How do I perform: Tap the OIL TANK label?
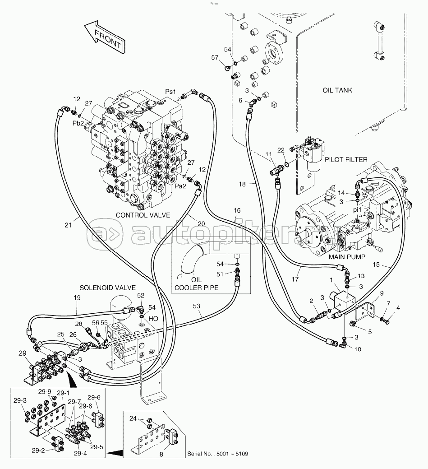coord(337,90)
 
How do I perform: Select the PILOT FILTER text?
coord(346,160)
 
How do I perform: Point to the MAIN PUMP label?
coord(347,257)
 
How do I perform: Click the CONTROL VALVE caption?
coord(143,215)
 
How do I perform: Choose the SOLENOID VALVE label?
coord(108,288)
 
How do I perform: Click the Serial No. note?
coord(217,454)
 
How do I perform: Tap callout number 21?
coord(68,225)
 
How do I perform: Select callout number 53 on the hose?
coord(196,306)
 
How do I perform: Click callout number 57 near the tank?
coord(215,57)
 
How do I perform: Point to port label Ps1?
coord(170,92)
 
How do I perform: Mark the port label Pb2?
coord(78,123)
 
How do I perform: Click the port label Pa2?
coord(180,186)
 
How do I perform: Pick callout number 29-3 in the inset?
coord(20,400)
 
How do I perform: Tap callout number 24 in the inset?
coord(133,418)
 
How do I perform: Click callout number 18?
coord(242,184)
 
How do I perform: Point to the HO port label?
coord(153,319)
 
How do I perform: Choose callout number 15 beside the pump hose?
coord(376,265)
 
